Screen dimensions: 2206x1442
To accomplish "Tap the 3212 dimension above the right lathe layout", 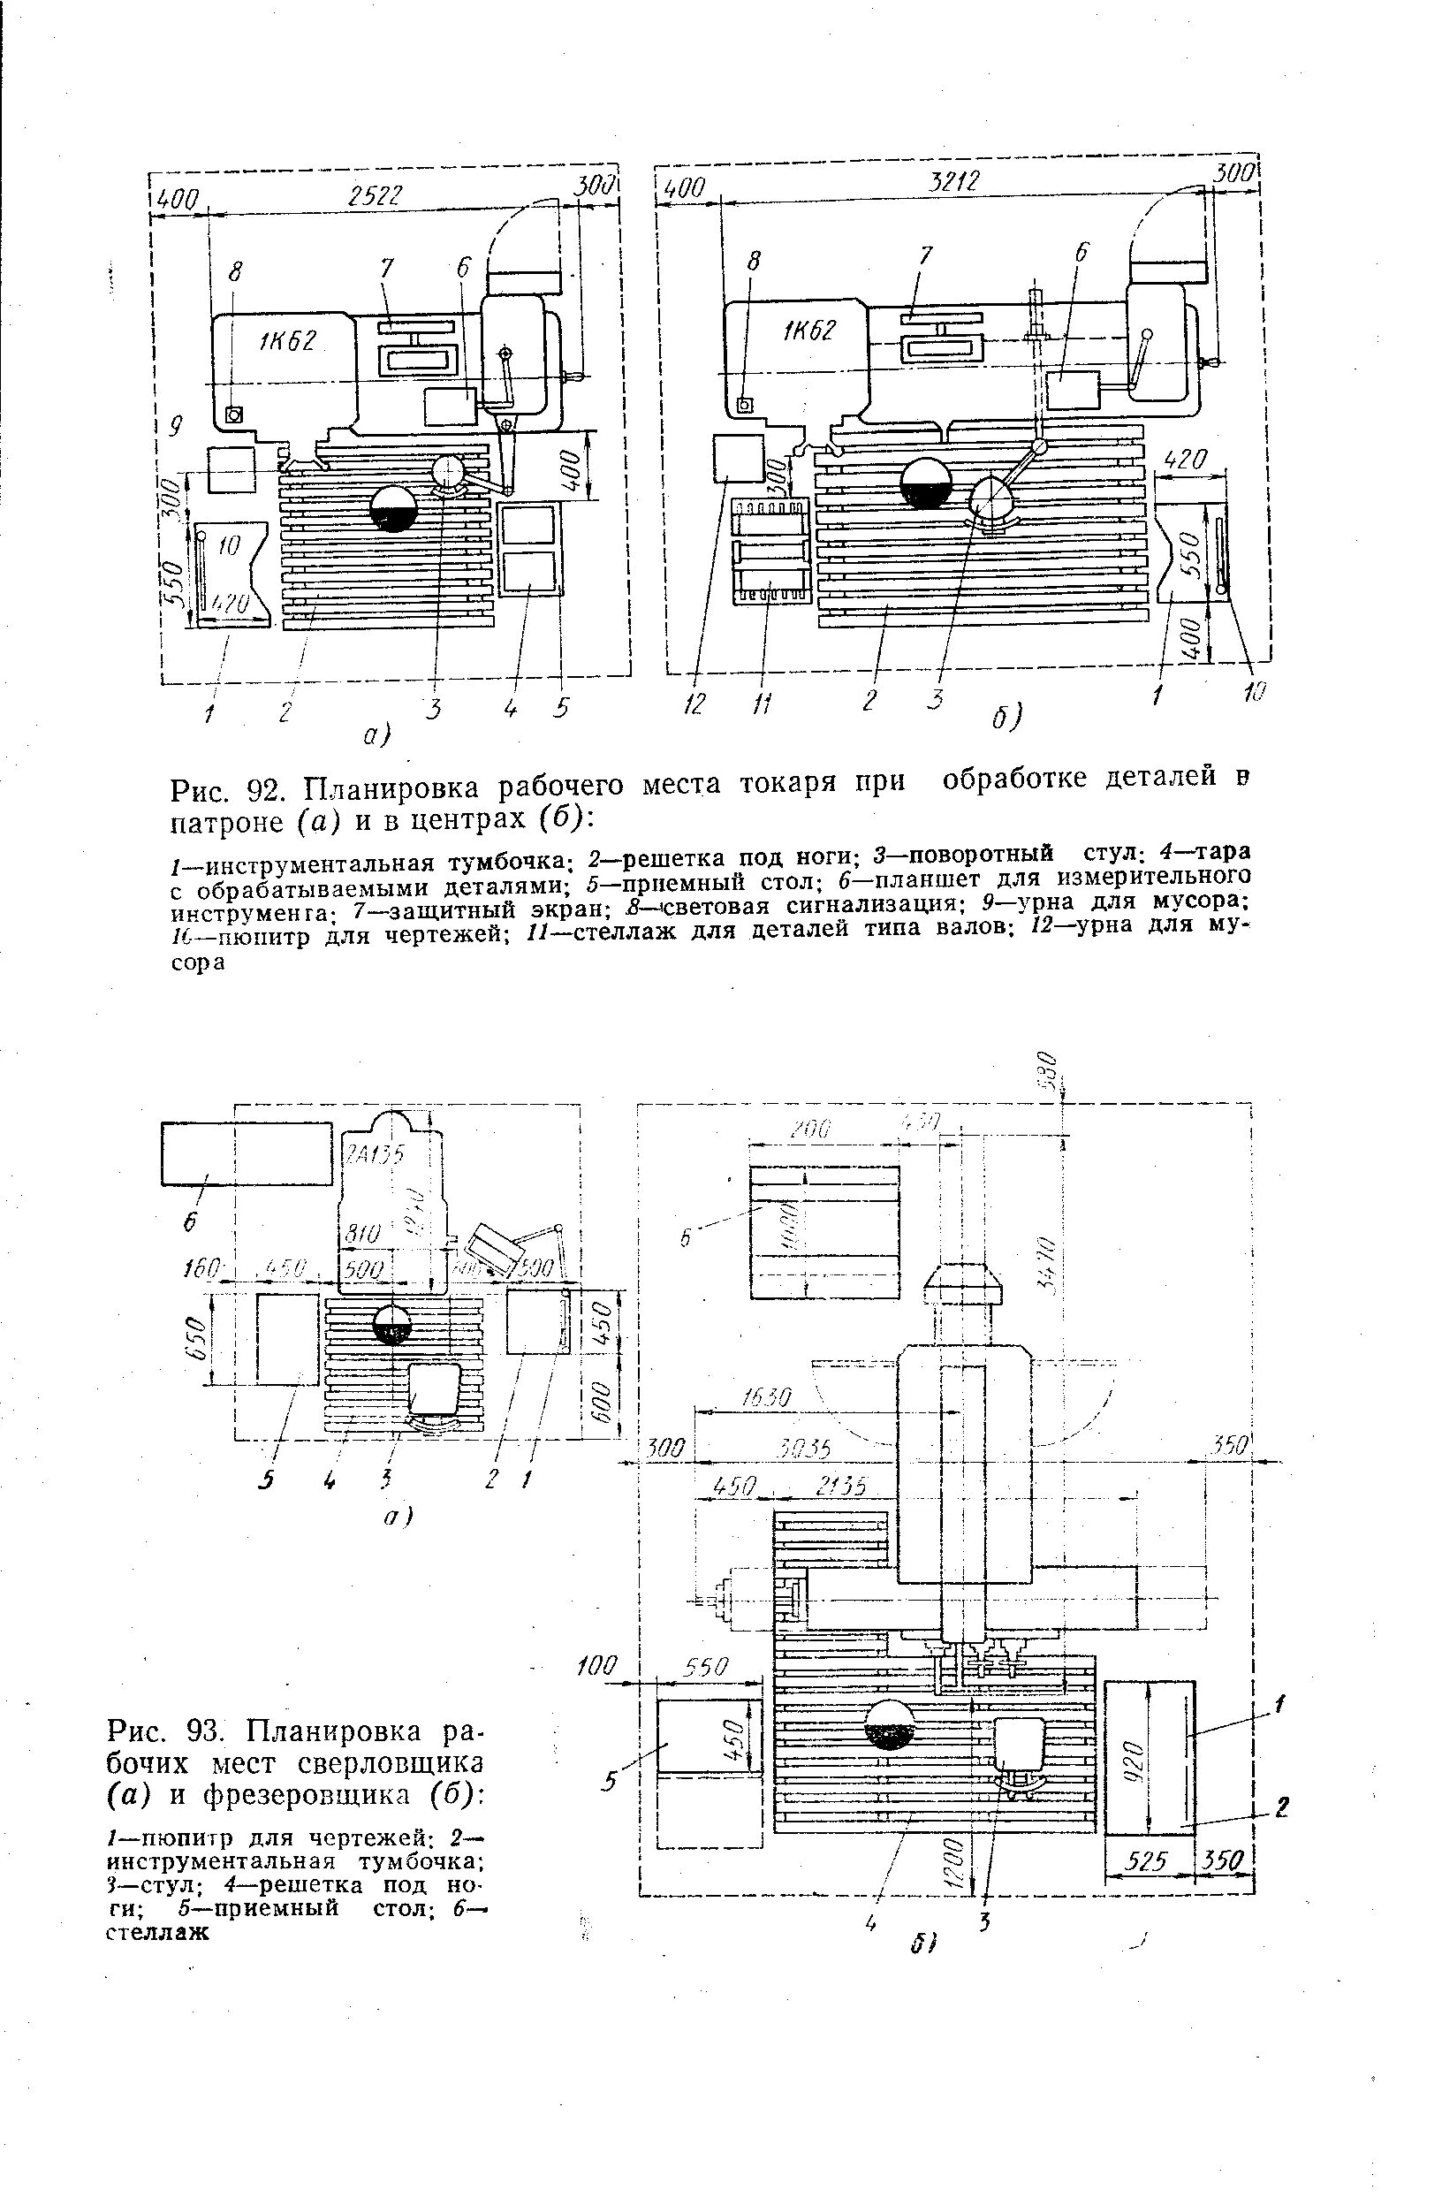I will [953, 181].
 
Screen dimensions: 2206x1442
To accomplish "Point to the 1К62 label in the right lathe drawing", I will [809, 330].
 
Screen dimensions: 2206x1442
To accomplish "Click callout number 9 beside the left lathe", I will [173, 425].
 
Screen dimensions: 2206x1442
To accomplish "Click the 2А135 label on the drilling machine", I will [376, 1154].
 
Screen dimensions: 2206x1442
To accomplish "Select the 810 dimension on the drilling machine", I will [362, 1235].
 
